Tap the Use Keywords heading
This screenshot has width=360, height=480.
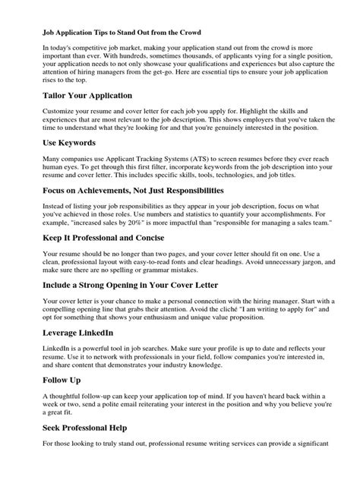point(71,142)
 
